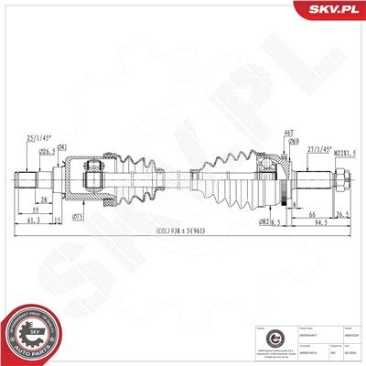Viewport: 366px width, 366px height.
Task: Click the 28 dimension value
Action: pyautogui.click(x=43, y=199)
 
